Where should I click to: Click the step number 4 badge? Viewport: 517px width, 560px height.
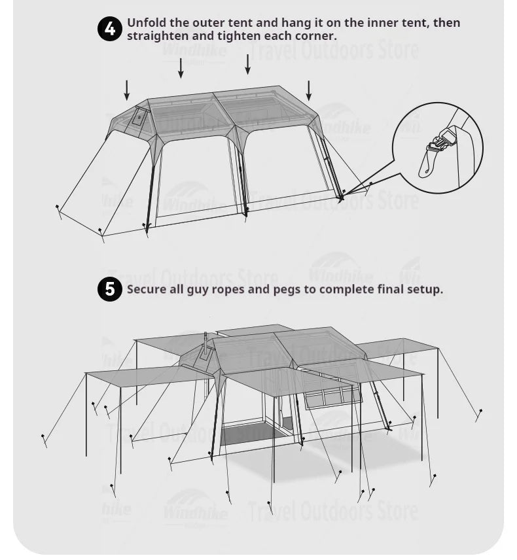(110, 29)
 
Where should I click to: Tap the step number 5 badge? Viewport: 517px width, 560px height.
(110, 289)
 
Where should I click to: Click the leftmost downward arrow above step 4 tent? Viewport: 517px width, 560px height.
(127, 90)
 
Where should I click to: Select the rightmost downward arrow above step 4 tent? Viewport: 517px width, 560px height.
(309, 90)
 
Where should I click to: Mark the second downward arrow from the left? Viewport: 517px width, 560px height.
(181, 67)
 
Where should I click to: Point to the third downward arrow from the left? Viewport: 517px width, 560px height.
(247, 64)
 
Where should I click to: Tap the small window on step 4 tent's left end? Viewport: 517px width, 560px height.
(139, 117)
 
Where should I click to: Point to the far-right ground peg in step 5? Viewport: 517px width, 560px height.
(479, 413)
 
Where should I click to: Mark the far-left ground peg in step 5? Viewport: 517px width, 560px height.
(44, 439)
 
